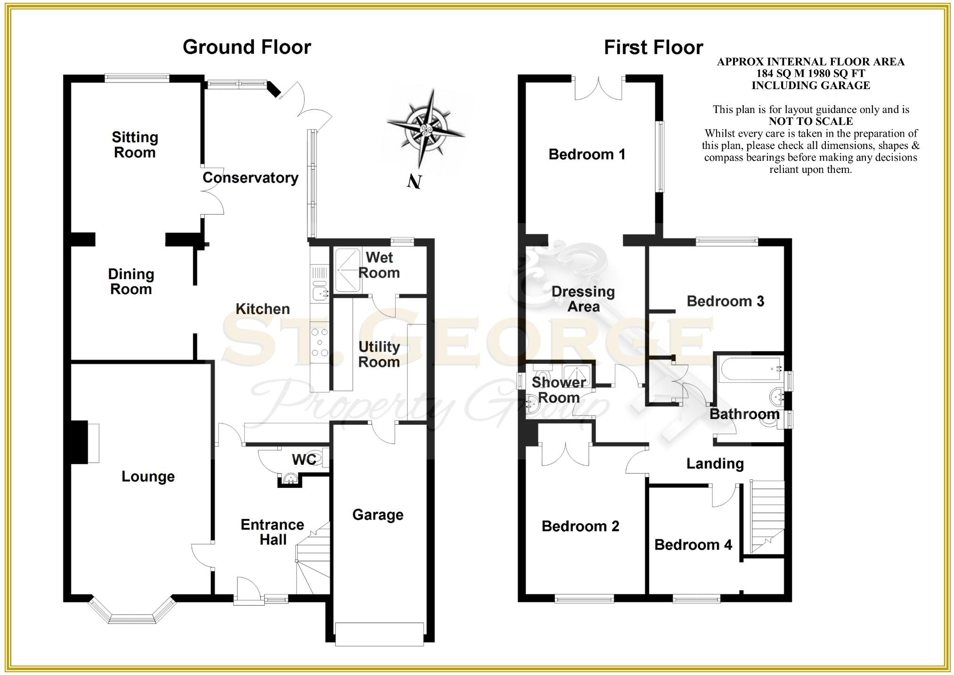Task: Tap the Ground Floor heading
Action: tap(246, 47)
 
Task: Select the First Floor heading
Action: tap(653, 48)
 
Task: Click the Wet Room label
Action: tap(379, 265)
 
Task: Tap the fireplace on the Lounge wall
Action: tap(85, 442)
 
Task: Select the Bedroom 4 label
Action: tap(693, 545)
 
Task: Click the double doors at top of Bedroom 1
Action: tap(598, 90)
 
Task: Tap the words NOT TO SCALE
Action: tap(810, 121)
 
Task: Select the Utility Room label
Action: tap(379, 354)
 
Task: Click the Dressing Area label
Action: tap(583, 299)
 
